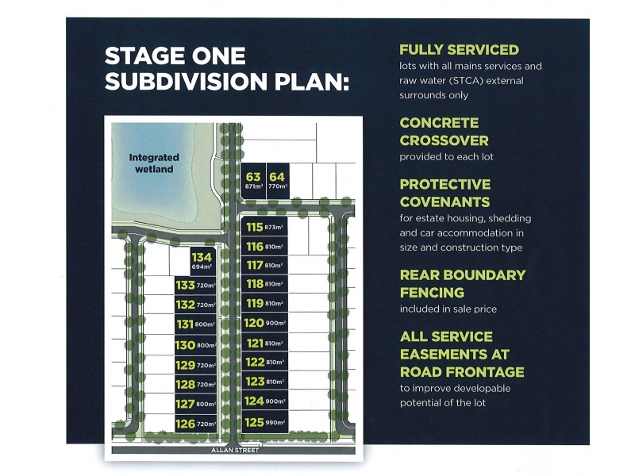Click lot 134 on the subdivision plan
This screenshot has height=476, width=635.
point(202,261)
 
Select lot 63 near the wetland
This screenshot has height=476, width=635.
point(253,180)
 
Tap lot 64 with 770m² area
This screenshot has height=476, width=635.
point(276,180)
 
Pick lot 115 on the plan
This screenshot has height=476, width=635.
point(264,227)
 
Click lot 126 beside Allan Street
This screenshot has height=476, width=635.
point(194,424)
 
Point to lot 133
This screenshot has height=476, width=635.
point(194,286)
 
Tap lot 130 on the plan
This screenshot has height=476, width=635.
point(194,344)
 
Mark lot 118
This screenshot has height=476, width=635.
point(264,283)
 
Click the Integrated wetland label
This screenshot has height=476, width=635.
point(154,163)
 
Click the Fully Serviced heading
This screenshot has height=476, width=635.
point(459,50)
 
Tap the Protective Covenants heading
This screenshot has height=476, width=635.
point(445,193)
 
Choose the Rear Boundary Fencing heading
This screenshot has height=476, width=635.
point(462,283)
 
